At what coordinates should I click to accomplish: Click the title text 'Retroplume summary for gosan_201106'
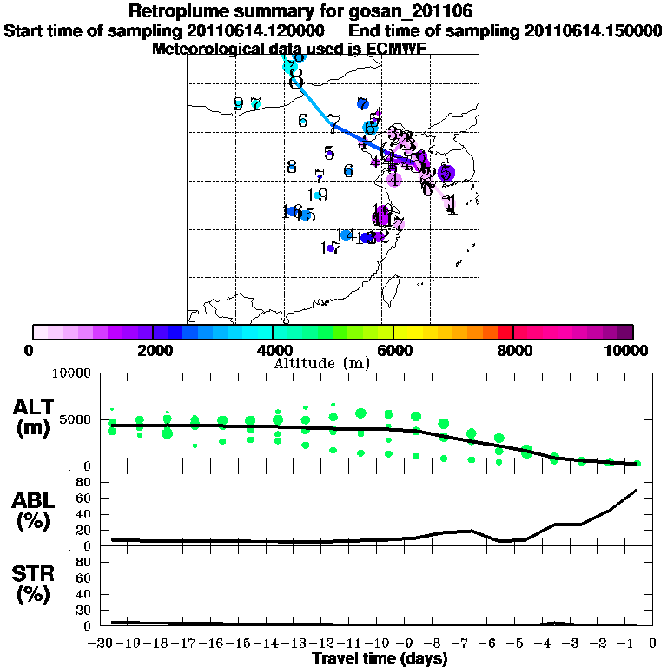pos(300,11)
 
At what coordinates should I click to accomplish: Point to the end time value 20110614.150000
pos(593,30)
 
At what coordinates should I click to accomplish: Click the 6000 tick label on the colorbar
pos(393,350)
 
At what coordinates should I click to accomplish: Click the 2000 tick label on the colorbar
pos(153,350)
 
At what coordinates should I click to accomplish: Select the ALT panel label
pos(34,416)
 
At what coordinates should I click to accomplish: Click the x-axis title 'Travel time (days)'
pos(380,659)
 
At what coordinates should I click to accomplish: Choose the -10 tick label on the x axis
pos(379,643)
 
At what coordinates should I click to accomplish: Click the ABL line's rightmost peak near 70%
pos(637,490)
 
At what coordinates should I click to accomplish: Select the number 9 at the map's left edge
pos(239,104)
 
